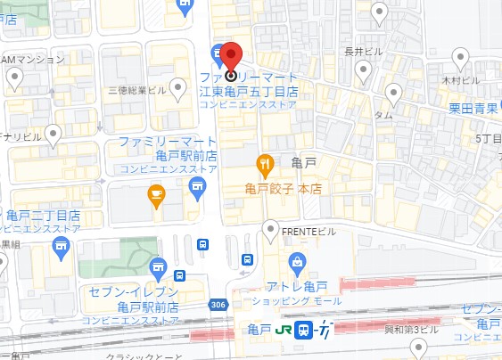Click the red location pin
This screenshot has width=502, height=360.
pos(230,59)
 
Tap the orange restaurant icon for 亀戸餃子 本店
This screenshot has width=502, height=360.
pos(264,164)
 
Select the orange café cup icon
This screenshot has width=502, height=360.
pos(156,195)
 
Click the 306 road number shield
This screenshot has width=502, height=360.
pos(218,305)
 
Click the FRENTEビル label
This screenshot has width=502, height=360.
pos(309,232)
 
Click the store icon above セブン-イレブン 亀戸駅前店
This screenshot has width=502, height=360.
pos(158,266)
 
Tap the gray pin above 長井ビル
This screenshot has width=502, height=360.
pos(379,12)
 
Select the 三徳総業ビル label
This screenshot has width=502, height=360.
pos(136,91)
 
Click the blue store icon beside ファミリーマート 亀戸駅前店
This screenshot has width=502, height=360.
pos(197,184)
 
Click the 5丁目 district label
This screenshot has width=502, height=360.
pos(488,139)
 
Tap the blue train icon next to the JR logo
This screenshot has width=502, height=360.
pos(303,330)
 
